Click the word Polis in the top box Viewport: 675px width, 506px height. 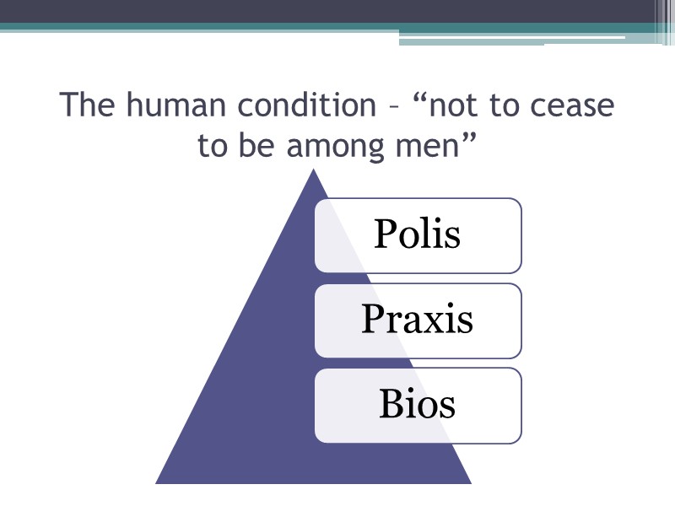(x=418, y=234)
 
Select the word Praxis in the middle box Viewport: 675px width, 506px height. (x=417, y=320)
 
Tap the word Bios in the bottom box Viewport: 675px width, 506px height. (x=418, y=404)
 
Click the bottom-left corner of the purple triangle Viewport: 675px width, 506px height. (x=157, y=482)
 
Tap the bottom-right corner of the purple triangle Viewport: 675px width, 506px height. (x=470, y=482)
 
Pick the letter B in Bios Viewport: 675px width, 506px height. (x=391, y=404)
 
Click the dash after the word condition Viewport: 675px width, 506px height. (x=392, y=110)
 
